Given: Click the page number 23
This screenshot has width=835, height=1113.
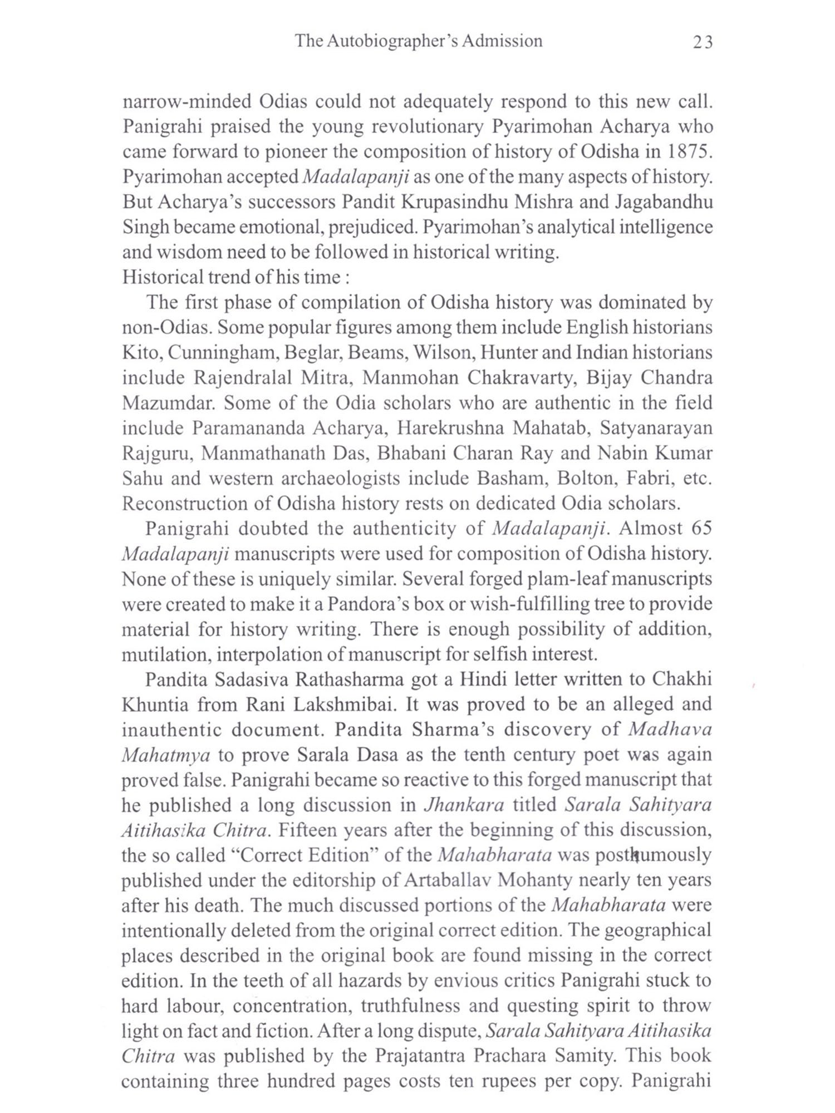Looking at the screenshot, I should pyautogui.click(x=703, y=42).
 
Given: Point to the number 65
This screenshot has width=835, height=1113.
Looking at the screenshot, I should pyautogui.click(x=701, y=529).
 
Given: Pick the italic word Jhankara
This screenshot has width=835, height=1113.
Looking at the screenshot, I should pyautogui.click(x=464, y=805).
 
